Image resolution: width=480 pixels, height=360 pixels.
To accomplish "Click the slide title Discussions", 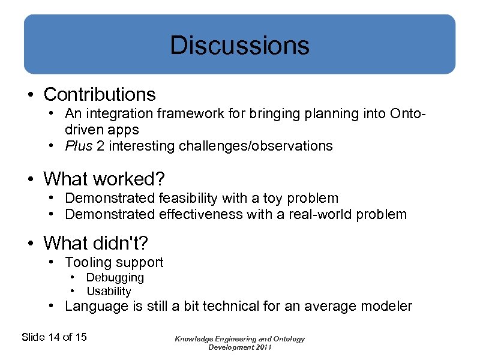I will pyautogui.click(x=239, y=46).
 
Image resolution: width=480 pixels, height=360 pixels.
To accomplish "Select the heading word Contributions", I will pyautogui.click(x=100, y=94).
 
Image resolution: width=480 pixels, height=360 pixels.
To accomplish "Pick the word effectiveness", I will pyautogui.click(x=193, y=214).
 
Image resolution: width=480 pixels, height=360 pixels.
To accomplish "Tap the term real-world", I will pyautogui.click(x=325, y=214).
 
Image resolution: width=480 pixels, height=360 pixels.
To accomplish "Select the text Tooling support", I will pyautogui.click(x=114, y=262).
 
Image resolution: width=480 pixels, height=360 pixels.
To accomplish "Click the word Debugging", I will pyautogui.click(x=115, y=278).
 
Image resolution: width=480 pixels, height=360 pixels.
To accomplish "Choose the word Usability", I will pyautogui.click(x=109, y=292).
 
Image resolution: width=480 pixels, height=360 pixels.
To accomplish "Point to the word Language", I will pyautogui.click(x=92, y=307).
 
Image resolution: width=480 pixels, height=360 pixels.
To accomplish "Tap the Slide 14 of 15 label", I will pyautogui.click(x=54, y=337).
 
